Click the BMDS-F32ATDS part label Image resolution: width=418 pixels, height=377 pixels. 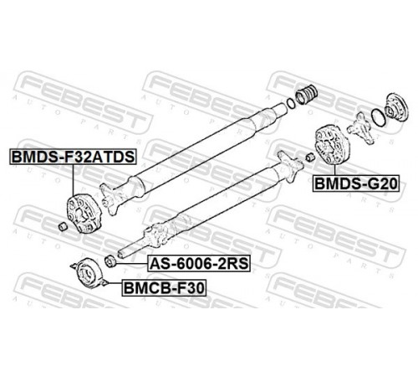pyautogui.click(x=73, y=157)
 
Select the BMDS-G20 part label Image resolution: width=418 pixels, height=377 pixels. pyautogui.click(x=356, y=183)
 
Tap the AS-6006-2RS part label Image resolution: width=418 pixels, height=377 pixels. pyautogui.click(x=199, y=263)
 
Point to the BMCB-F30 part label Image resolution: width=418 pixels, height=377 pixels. pyautogui.click(x=164, y=288)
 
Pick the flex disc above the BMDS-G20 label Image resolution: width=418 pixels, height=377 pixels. pyautogui.click(x=331, y=146)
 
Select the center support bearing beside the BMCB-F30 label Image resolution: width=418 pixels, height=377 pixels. pyautogui.click(x=89, y=273)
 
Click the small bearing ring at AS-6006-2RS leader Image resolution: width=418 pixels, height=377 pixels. pyautogui.click(x=110, y=261)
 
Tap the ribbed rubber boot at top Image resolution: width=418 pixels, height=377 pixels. pyautogui.click(x=306, y=94)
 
